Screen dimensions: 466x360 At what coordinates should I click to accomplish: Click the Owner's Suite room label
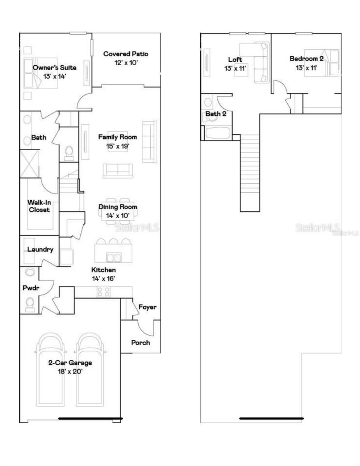[x=54, y=68]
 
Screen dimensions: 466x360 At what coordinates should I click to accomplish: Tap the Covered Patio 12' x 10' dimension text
[x=125, y=62]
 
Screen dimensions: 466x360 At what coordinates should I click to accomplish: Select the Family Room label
[x=117, y=137]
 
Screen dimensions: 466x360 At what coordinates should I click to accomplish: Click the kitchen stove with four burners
[x=103, y=292]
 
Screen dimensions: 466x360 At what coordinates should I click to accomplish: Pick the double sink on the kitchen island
[x=113, y=257]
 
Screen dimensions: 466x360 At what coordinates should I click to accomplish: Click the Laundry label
[x=40, y=249]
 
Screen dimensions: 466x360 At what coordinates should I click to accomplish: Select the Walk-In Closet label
[x=38, y=206]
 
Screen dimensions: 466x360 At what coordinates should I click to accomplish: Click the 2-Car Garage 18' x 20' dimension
[x=70, y=371]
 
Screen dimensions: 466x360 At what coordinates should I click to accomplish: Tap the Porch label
[x=140, y=343]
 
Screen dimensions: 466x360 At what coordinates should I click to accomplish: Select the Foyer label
[x=148, y=307]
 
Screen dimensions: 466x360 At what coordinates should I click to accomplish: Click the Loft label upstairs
[x=235, y=59]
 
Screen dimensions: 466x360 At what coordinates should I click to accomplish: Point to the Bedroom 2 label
[x=306, y=59]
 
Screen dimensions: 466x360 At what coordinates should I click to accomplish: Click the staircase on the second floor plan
[x=250, y=171]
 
